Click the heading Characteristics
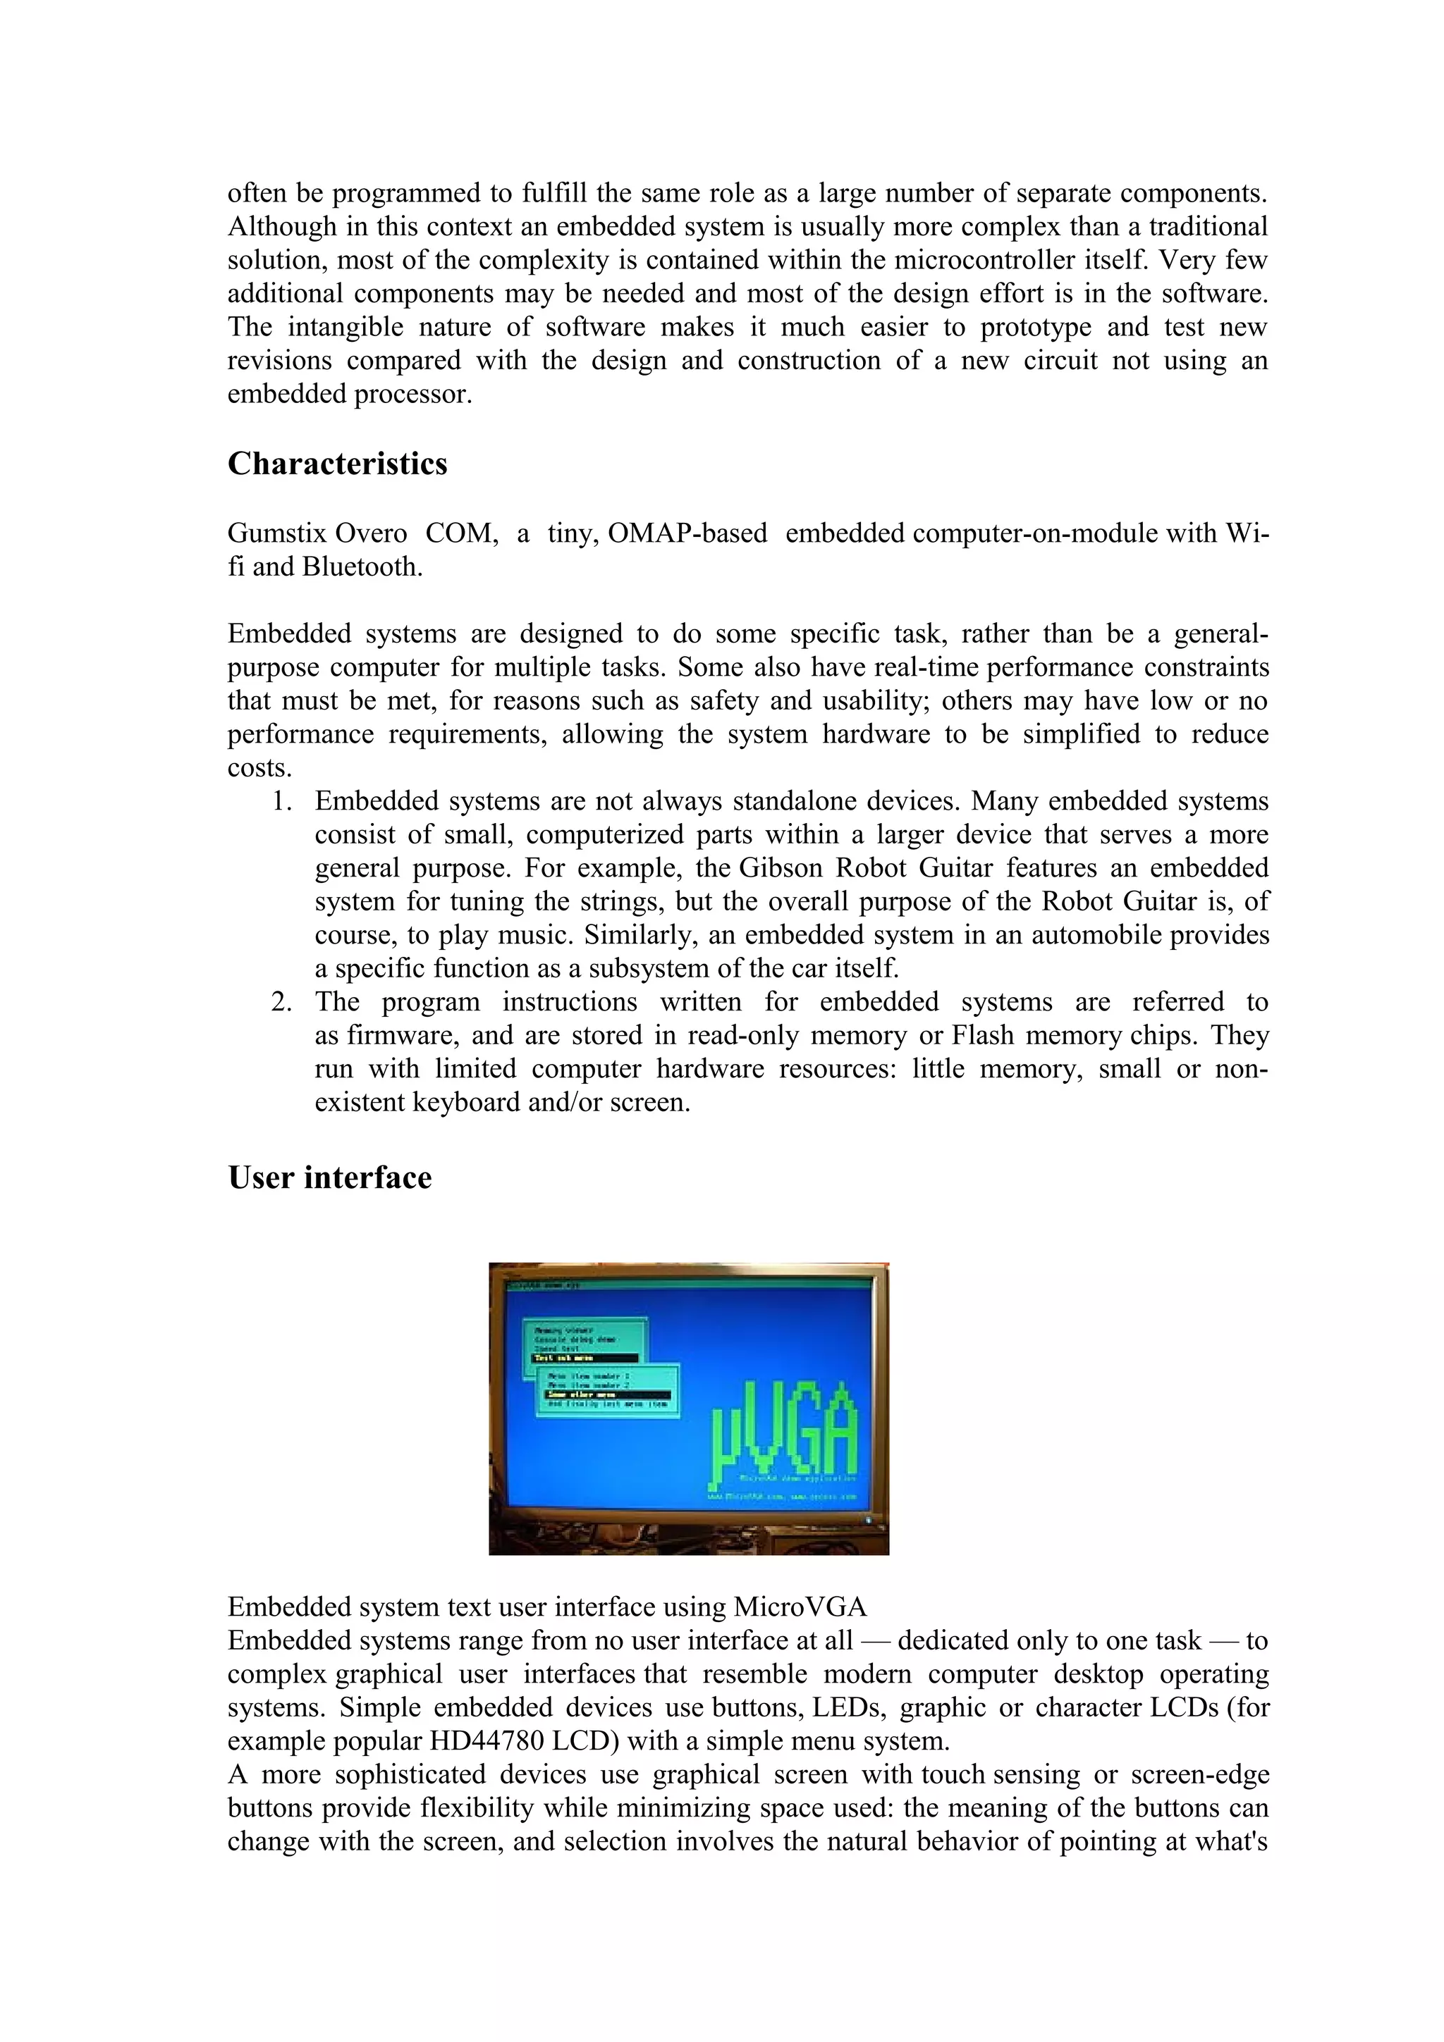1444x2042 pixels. point(337,464)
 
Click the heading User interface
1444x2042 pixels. point(329,1177)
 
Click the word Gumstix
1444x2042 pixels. point(279,533)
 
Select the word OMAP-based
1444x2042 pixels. point(687,533)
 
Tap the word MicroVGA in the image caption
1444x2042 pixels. point(799,1607)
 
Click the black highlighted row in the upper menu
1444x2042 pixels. point(585,1358)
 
